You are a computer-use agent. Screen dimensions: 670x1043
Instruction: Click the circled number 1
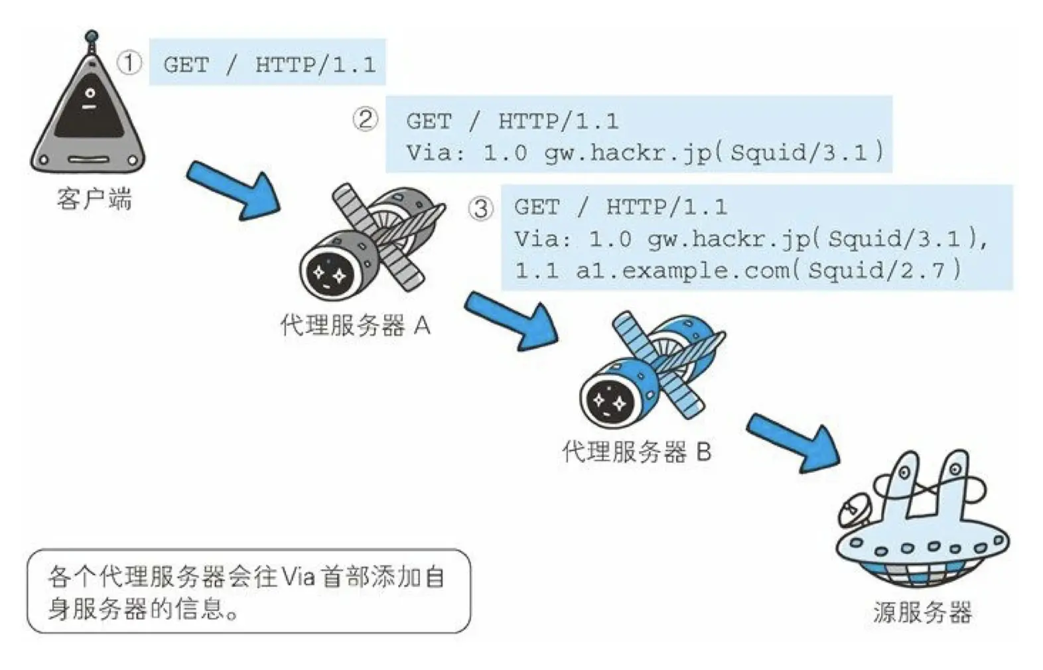[x=129, y=63]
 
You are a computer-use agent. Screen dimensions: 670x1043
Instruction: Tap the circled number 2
[x=365, y=119]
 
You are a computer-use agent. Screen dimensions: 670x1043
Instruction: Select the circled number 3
[x=481, y=208]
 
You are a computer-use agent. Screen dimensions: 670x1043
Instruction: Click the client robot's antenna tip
[x=92, y=35]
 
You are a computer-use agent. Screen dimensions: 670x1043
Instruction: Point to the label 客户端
[x=94, y=198]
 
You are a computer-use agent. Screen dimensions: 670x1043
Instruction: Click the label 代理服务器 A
[x=355, y=325]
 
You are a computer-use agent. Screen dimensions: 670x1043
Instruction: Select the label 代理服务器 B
[x=636, y=452]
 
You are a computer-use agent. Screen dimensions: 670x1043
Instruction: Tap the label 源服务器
[x=922, y=611]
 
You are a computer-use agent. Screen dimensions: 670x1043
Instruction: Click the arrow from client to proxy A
[x=234, y=191]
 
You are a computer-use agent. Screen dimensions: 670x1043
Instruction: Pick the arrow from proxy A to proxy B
[x=512, y=320]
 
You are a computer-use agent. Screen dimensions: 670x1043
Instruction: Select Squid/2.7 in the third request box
[x=882, y=271]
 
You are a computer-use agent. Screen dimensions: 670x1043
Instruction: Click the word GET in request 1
[x=186, y=64]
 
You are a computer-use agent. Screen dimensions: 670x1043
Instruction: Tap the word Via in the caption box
[x=298, y=576]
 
